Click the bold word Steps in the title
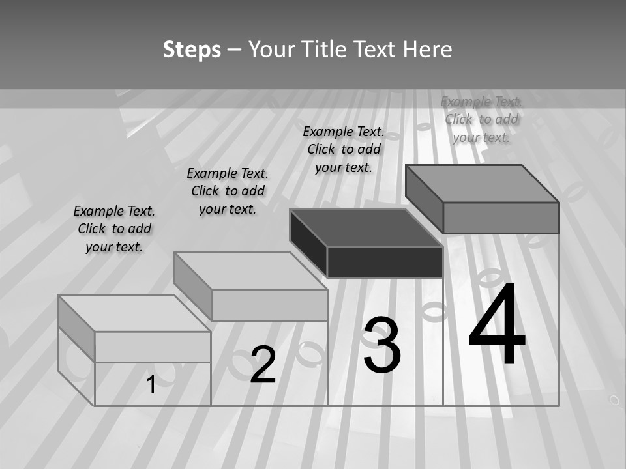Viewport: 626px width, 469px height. (192, 50)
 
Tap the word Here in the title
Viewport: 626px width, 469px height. (427, 50)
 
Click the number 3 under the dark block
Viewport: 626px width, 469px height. (382, 345)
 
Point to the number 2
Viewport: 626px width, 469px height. (263, 365)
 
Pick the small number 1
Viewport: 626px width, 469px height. (151, 384)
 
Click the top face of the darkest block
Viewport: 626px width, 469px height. (365, 228)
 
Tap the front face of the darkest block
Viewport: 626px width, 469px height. (385, 262)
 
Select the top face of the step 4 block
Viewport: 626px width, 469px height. (483, 184)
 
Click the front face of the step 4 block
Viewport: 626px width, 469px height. (501, 218)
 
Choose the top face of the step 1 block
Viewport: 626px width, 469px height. (134, 313)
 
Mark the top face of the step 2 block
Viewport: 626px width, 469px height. (250, 271)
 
